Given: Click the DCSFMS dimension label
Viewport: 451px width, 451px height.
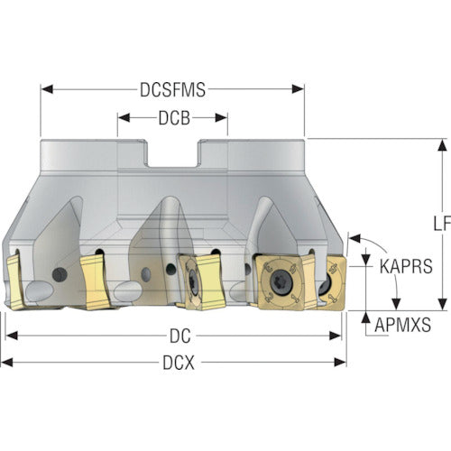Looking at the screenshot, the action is [x=173, y=89].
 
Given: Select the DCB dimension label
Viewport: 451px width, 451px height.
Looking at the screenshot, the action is [x=174, y=118].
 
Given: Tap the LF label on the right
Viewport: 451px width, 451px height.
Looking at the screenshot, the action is [x=442, y=223].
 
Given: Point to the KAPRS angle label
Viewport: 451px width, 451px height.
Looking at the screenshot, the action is [x=406, y=266].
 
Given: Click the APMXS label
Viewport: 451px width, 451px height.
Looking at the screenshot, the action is [x=403, y=325].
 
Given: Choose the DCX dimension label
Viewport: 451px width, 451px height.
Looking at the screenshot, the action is [x=179, y=363].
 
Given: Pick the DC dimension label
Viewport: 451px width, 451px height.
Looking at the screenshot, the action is [x=180, y=336].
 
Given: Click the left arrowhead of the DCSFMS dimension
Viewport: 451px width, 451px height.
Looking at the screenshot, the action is [x=47, y=89].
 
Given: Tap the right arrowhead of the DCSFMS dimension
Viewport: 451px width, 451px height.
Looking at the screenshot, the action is [x=298, y=89].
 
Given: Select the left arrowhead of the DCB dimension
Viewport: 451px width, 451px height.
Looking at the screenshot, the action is [x=124, y=118].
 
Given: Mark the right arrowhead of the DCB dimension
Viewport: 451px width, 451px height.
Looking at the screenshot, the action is [x=221, y=118].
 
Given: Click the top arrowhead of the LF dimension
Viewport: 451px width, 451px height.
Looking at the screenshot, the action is [x=442, y=145].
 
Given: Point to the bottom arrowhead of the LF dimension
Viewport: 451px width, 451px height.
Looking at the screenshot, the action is [x=442, y=304].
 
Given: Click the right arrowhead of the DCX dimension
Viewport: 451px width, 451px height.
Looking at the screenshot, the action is [x=340, y=363].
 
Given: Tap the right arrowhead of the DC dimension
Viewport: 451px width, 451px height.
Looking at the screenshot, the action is [x=336, y=336].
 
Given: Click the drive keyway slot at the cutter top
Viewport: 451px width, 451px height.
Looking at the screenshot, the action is [x=172, y=153].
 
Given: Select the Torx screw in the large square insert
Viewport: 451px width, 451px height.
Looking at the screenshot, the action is [x=280, y=281].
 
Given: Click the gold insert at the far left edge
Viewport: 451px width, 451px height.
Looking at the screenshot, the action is [x=14, y=281].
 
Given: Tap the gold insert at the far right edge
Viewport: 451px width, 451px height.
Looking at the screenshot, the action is [x=333, y=283].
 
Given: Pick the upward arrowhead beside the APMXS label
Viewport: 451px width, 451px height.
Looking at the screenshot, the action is [x=365, y=318].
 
